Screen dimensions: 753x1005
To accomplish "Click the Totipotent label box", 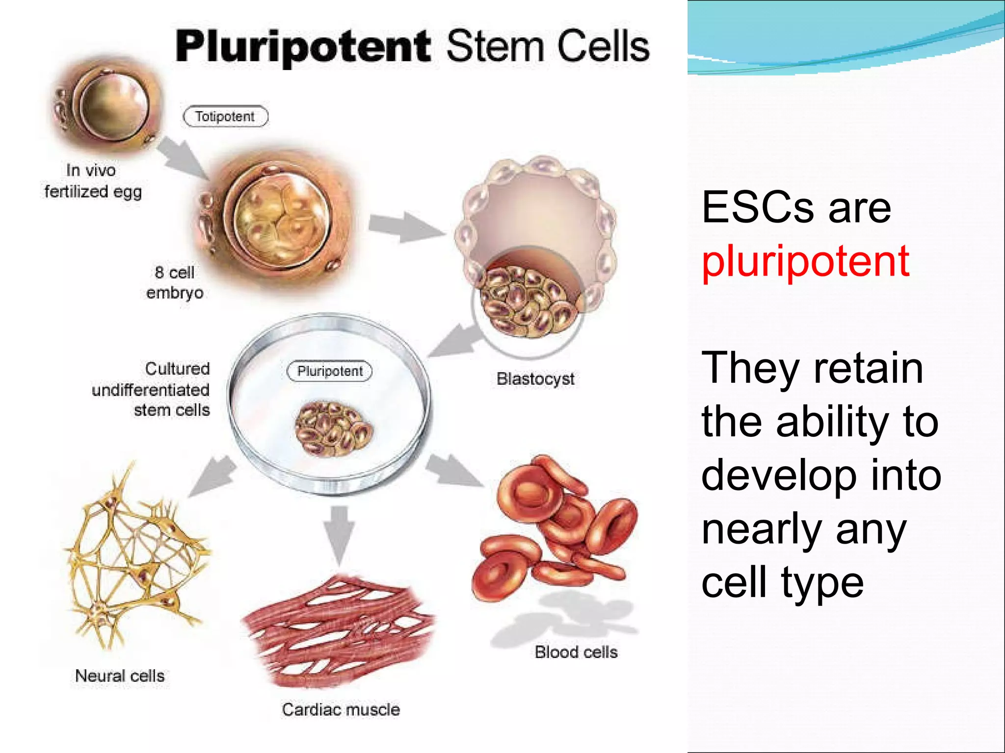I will (x=225, y=117).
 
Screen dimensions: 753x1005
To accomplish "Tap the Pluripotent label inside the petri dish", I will (x=330, y=371).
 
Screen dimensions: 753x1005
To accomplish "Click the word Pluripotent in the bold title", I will (x=303, y=47).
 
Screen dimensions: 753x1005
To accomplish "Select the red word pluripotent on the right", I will (x=805, y=261).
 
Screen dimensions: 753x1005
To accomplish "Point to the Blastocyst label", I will (x=535, y=379).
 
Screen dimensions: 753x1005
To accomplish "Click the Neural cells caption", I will (x=120, y=676).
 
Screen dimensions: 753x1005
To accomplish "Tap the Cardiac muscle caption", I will (x=341, y=709).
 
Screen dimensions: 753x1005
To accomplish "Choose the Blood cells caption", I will (x=576, y=652).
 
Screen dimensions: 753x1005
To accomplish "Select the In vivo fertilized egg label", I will (x=93, y=181).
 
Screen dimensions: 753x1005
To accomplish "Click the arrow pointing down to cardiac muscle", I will (x=340, y=534).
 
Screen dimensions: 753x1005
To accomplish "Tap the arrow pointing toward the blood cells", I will (x=454, y=471).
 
